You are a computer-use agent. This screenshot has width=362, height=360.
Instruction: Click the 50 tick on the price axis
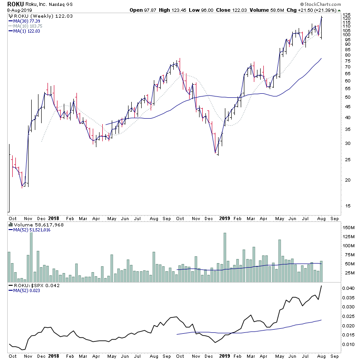(346, 97)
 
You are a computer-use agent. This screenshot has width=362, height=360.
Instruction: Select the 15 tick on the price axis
(346, 206)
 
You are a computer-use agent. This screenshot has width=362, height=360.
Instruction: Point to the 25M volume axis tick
(348, 273)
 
